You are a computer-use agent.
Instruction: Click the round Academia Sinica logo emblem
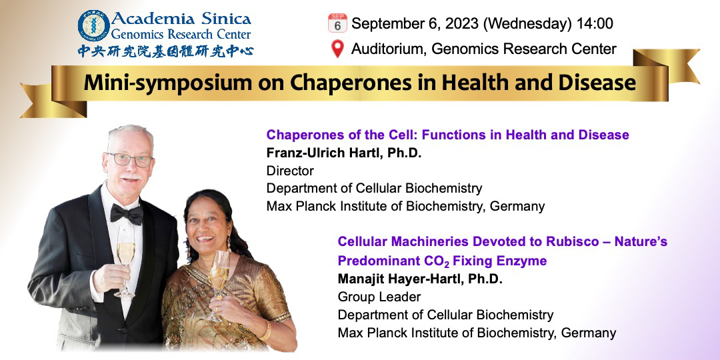point(94,26)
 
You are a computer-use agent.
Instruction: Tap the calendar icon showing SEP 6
point(337,23)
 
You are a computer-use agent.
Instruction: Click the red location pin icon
point(337,49)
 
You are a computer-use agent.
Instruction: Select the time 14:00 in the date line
point(595,23)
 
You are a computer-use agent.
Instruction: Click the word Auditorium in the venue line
point(387,49)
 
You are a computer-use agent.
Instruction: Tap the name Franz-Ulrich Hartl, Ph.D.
point(344,153)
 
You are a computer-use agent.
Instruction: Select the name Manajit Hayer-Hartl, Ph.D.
point(420,279)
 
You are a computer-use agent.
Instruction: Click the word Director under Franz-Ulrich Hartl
point(290,171)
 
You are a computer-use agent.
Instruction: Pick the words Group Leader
point(379,297)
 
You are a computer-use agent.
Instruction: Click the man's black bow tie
point(126,213)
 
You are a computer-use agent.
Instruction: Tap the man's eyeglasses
point(130,159)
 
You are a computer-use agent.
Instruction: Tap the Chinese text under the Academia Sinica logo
point(165,51)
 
